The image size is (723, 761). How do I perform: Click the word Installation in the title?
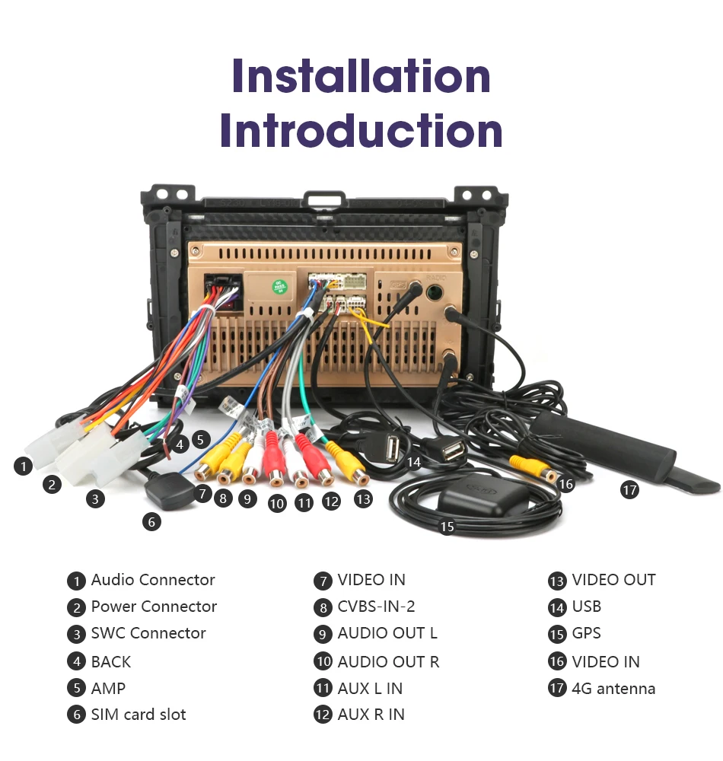pyautogui.click(x=361, y=76)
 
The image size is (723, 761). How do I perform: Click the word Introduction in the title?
pyautogui.click(x=361, y=131)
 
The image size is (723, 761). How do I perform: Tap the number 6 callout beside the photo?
pyautogui.click(x=151, y=522)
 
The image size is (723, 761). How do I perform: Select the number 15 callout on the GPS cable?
pyautogui.click(x=447, y=526)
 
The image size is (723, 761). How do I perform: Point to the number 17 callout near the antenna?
pyautogui.click(x=629, y=490)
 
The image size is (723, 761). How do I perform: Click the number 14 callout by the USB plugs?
pyautogui.click(x=413, y=462)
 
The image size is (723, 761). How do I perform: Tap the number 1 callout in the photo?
pyautogui.click(x=24, y=466)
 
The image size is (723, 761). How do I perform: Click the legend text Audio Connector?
pyautogui.click(x=153, y=580)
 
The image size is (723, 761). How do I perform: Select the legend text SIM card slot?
pyautogui.click(x=139, y=715)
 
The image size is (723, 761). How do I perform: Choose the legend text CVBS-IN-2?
pyautogui.click(x=376, y=607)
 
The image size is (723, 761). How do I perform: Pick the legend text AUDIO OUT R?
pyautogui.click(x=388, y=661)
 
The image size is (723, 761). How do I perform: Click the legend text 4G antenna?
pyautogui.click(x=613, y=689)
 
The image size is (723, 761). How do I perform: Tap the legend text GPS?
pyautogui.click(x=586, y=633)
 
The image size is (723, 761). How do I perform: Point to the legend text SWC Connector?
pyautogui.click(x=148, y=633)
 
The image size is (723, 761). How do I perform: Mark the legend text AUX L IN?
pyautogui.click(x=370, y=689)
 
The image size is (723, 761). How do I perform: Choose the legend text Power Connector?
pyautogui.click(x=154, y=607)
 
